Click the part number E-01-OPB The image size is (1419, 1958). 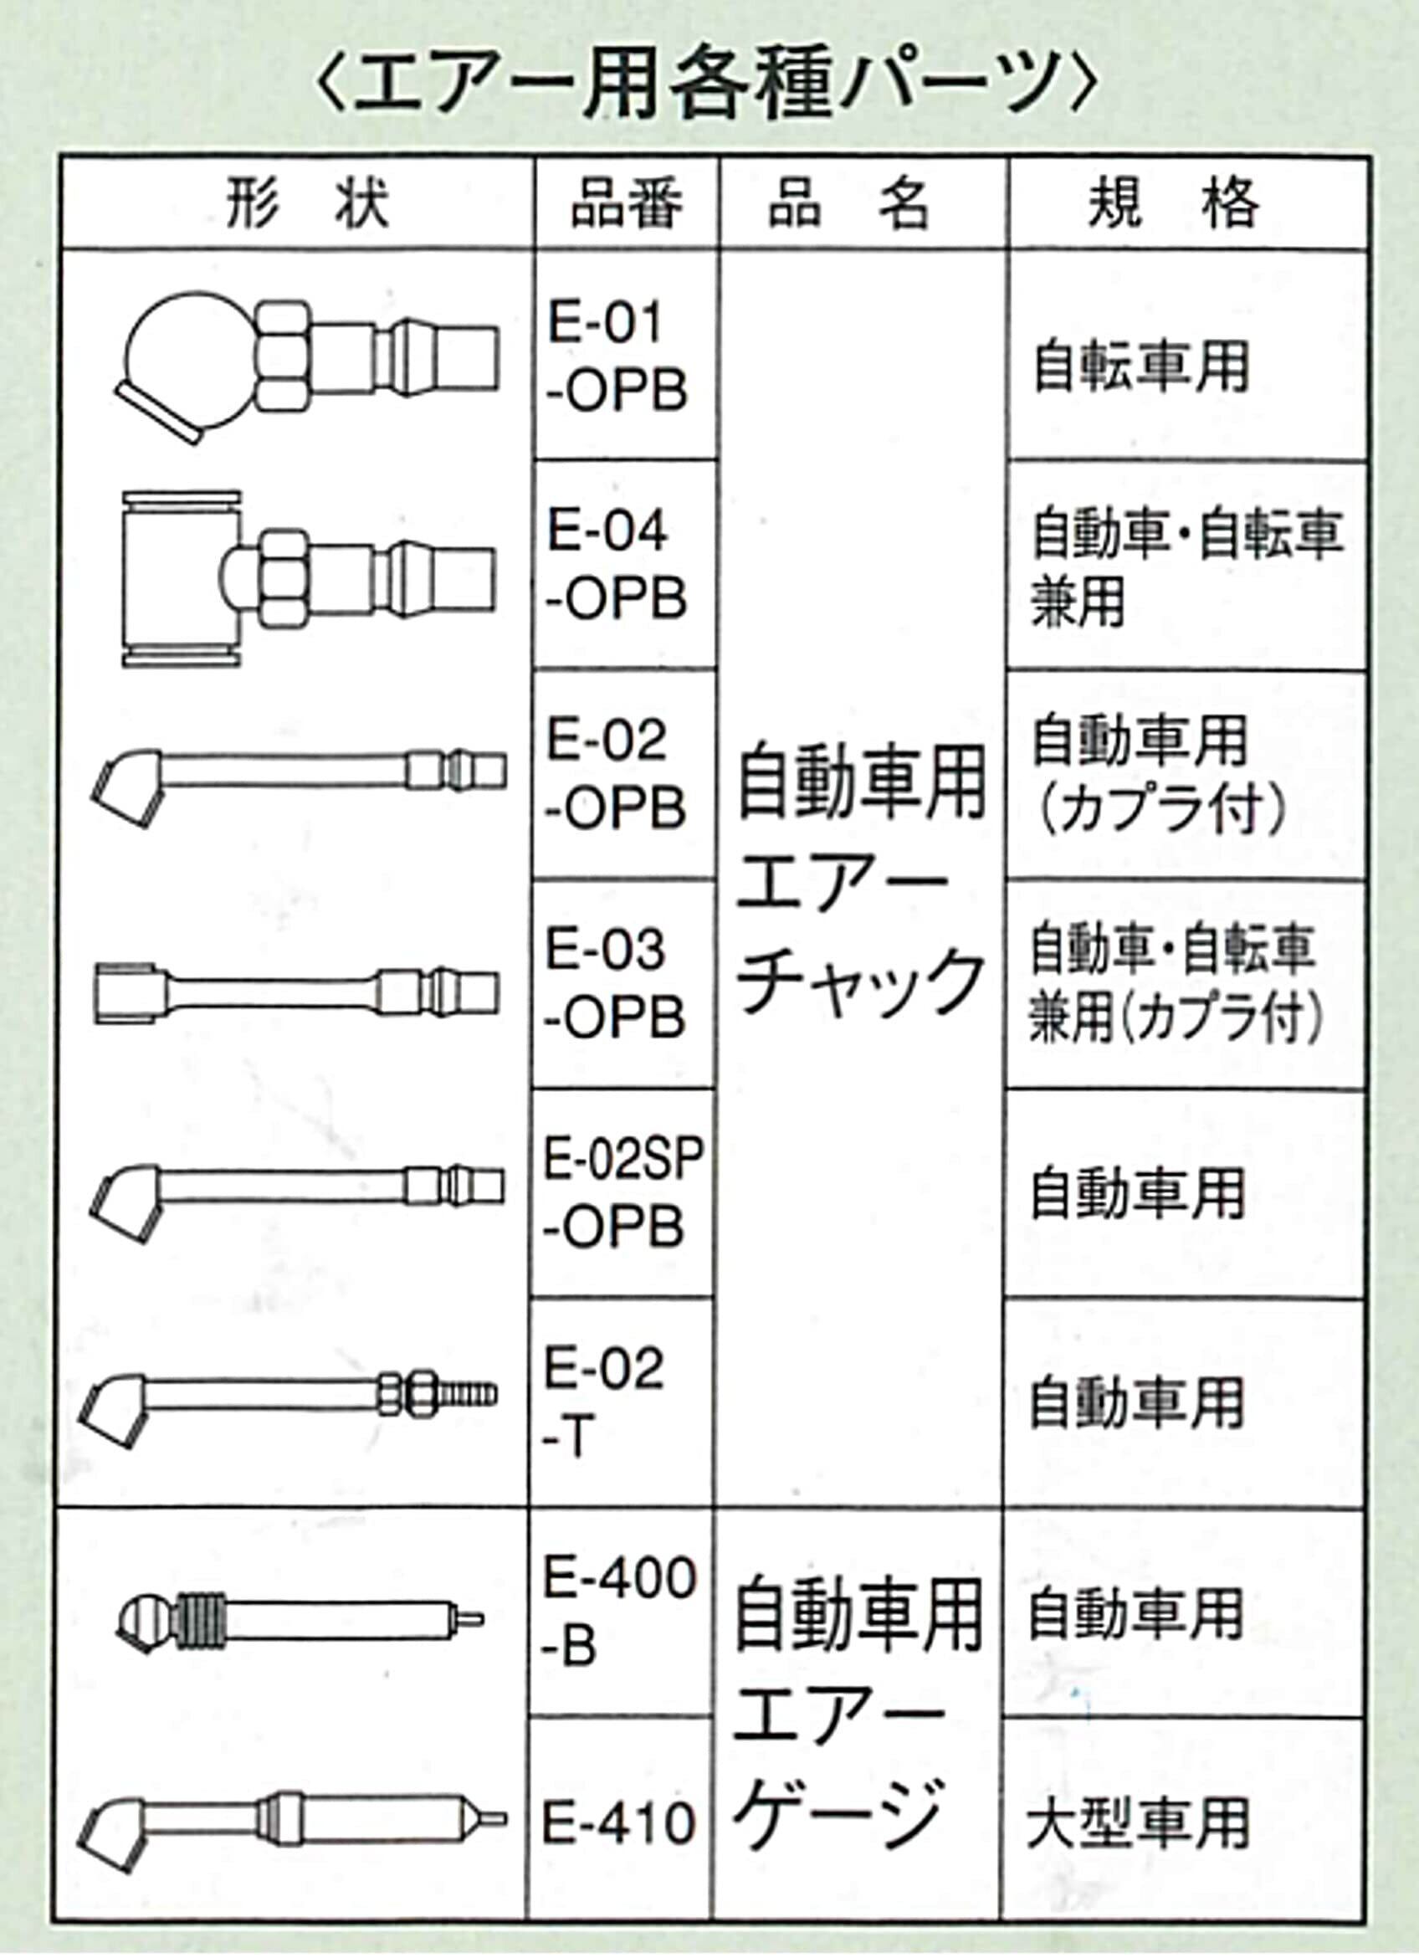click(617, 356)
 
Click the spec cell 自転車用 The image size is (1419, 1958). click(1141, 366)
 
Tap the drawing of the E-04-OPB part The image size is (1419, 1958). click(307, 578)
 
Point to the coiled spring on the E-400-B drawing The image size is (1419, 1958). click(203, 1623)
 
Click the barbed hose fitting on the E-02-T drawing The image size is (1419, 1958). click(469, 1394)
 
